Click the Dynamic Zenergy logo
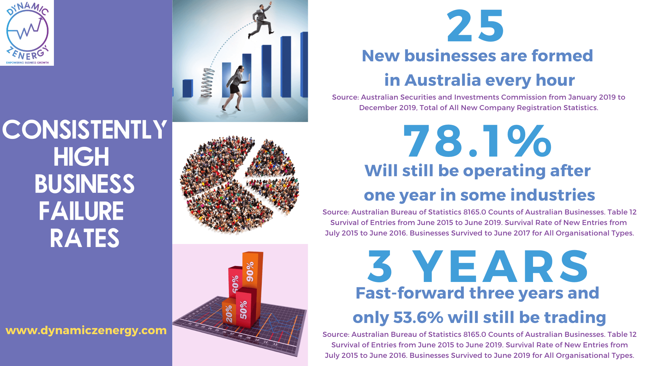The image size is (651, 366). tap(27, 33)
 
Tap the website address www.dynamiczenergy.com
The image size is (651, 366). tap(86, 330)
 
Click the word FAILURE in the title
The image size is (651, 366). tap(81, 211)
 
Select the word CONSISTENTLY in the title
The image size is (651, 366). tap(85, 130)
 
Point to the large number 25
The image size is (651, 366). tap(476, 26)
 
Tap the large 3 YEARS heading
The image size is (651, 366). tap(478, 266)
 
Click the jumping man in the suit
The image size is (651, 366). tap(260, 21)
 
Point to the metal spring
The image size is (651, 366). tap(208, 82)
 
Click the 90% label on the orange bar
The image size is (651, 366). tap(250, 271)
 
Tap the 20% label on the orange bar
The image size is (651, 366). tap(229, 313)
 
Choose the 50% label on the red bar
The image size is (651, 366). tap(243, 309)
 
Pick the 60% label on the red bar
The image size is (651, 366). tap(235, 284)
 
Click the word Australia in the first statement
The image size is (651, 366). tap(442, 80)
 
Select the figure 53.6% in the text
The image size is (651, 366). tap(418, 318)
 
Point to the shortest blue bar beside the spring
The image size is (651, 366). tap(188, 88)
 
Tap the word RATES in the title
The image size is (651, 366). tap(84, 238)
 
